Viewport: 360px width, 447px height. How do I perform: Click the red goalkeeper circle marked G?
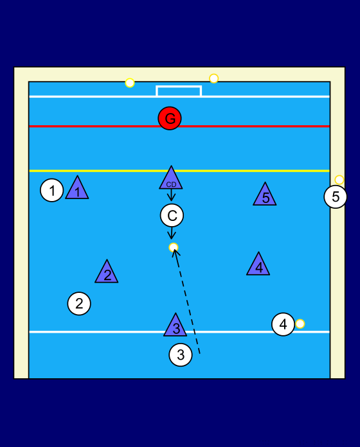click(170, 118)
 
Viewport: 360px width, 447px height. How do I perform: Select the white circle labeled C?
click(172, 216)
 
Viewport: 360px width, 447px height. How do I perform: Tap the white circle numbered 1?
click(52, 190)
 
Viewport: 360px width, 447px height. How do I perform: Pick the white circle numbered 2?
click(79, 304)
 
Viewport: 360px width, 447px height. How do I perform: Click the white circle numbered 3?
click(181, 355)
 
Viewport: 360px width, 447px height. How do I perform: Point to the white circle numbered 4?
click(283, 324)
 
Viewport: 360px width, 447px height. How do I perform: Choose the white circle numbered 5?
click(336, 197)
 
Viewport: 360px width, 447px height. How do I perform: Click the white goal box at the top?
click(179, 86)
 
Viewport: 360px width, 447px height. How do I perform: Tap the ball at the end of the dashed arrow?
click(174, 247)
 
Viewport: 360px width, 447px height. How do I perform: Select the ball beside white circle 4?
click(300, 324)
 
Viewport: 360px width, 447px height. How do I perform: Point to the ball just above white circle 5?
click(339, 180)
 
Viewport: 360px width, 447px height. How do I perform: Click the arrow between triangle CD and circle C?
click(171, 195)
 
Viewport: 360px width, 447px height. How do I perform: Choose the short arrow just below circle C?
click(172, 233)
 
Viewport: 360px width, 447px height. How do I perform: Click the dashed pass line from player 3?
click(186, 302)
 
